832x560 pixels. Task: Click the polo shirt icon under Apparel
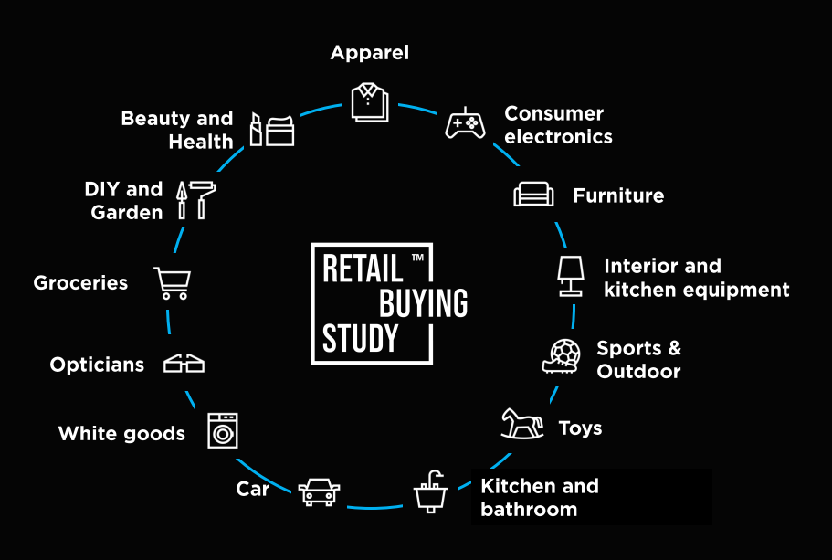point(370,102)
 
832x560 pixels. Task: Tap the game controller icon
point(465,123)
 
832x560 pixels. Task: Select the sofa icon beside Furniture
point(533,195)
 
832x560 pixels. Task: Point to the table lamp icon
point(571,276)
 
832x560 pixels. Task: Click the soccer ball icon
point(565,353)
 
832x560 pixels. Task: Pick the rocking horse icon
point(522,424)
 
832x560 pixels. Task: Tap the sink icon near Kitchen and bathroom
point(430,491)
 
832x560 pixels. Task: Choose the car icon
point(319,492)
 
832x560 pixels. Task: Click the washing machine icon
point(223,430)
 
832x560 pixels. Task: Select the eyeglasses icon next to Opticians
point(184,365)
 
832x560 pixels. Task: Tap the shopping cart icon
point(173,283)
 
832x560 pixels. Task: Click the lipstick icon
point(256,129)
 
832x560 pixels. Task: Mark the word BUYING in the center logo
point(424,303)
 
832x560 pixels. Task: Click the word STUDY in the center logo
point(360,338)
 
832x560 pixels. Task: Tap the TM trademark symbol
point(417,258)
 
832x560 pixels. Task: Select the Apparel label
point(370,53)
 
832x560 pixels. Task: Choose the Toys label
point(581,428)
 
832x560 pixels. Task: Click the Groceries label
point(80,283)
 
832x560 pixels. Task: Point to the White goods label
point(121,433)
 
